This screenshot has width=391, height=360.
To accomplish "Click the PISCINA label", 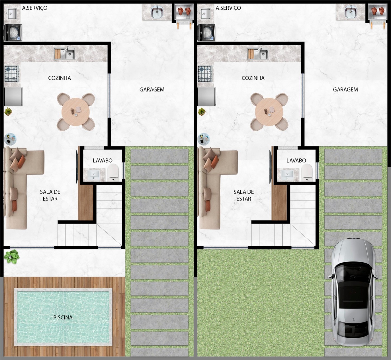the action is (63, 318).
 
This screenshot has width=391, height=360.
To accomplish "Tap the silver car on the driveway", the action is (353, 295).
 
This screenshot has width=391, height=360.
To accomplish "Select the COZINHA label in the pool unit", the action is (59, 78).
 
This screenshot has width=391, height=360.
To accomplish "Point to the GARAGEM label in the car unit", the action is (345, 89).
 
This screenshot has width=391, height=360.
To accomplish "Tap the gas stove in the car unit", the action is (205, 74).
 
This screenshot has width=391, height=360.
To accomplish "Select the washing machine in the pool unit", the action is (13, 33).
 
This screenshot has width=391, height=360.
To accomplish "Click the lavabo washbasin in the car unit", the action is (287, 174).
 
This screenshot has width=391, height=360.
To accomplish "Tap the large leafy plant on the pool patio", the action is (12, 257).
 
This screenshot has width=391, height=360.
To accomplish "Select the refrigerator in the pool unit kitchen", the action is (13, 97).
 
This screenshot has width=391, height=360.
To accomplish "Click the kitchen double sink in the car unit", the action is (258, 54).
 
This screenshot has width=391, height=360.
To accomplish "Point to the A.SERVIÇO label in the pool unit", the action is (35, 8).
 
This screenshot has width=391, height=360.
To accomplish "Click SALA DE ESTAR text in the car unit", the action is (244, 195).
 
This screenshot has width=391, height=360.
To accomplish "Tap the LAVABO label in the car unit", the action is (296, 161).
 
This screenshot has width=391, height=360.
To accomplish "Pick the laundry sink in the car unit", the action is (206, 13).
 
